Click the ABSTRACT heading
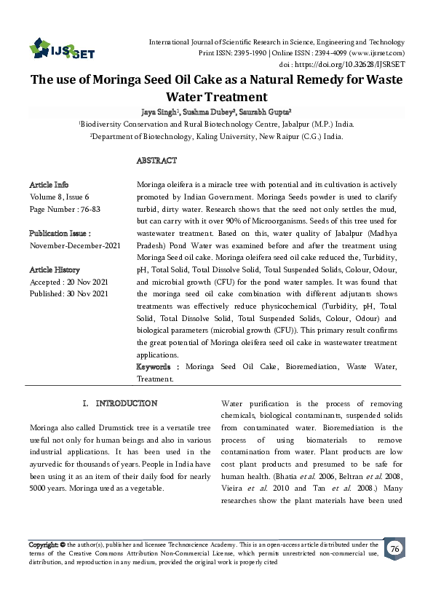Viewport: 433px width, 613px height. click(x=156, y=160)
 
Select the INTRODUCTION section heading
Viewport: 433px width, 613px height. click(x=121, y=403)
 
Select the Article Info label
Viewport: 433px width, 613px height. click(x=49, y=185)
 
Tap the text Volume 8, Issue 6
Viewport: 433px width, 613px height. click(x=59, y=197)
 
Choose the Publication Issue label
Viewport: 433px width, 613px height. click(x=60, y=234)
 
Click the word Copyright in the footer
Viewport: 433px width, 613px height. click(x=43, y=545)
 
